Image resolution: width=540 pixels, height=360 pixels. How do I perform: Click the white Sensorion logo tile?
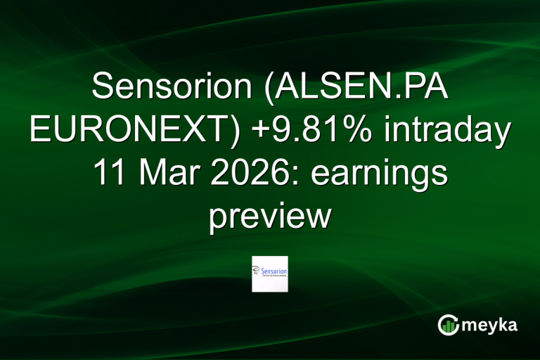[270, 274]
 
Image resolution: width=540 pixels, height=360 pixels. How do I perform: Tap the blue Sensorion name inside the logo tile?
[274, 269]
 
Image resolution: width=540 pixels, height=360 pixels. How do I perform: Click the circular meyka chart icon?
[449, 324]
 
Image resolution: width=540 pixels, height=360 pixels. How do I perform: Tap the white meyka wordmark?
[490, 326]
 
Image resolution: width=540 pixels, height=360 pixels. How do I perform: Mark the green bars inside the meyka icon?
[449, 326]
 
